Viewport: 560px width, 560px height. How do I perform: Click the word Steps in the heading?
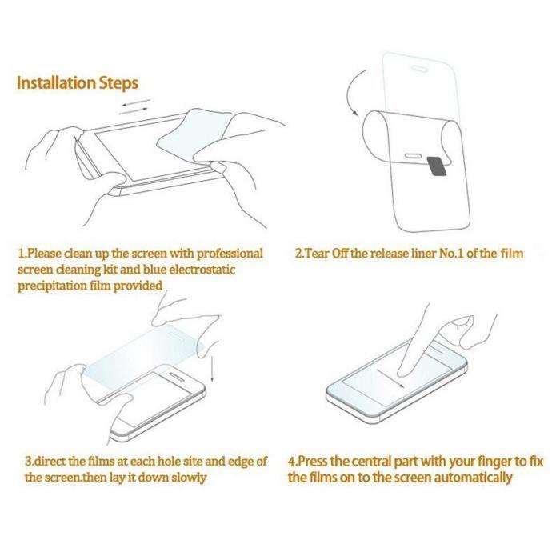[119, 83]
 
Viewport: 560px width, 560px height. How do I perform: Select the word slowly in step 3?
[187, 478]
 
